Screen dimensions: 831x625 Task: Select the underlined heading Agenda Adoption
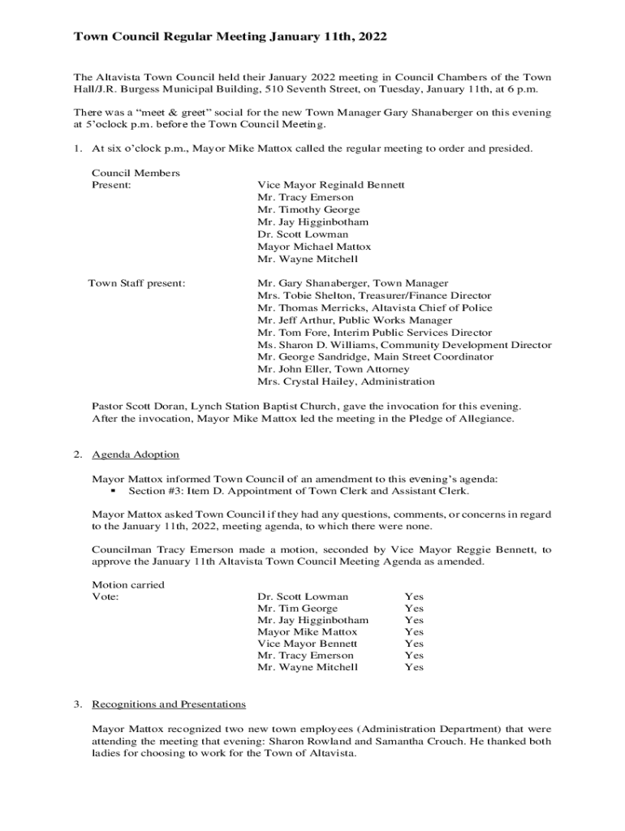coord(136,454)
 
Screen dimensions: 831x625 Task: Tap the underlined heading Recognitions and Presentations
coord(169,704)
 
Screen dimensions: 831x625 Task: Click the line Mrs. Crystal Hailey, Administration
coord(346,381)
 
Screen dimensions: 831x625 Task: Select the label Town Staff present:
coord(136,283)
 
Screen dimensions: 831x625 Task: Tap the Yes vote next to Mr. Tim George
coord(414,609)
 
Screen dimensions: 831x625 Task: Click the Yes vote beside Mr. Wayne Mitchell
coord(414,667)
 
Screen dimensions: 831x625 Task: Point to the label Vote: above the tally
coord(106,596)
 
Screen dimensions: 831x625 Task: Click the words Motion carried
coord(128,584)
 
